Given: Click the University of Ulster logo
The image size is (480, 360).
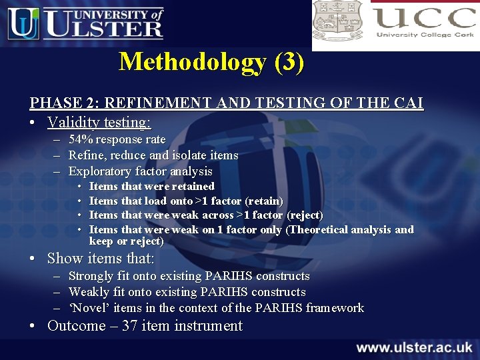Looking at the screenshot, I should (85, 23).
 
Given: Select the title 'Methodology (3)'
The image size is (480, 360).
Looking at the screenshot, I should (211, 62).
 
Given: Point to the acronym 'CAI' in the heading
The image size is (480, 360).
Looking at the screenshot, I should (407, 103).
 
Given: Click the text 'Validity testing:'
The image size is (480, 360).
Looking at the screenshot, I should (99, 123).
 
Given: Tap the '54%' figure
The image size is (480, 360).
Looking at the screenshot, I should (81, 139).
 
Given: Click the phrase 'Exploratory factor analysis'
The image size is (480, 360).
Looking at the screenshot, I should (140, 171).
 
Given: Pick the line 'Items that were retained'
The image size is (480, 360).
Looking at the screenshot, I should (151, 186).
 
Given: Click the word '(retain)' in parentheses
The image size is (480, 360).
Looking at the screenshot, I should (264, 201).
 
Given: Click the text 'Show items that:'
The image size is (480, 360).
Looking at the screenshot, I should (101, 259).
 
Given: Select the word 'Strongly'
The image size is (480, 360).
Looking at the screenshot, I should (91, 276).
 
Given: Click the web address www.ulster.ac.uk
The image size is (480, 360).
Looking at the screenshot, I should (414, 347).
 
